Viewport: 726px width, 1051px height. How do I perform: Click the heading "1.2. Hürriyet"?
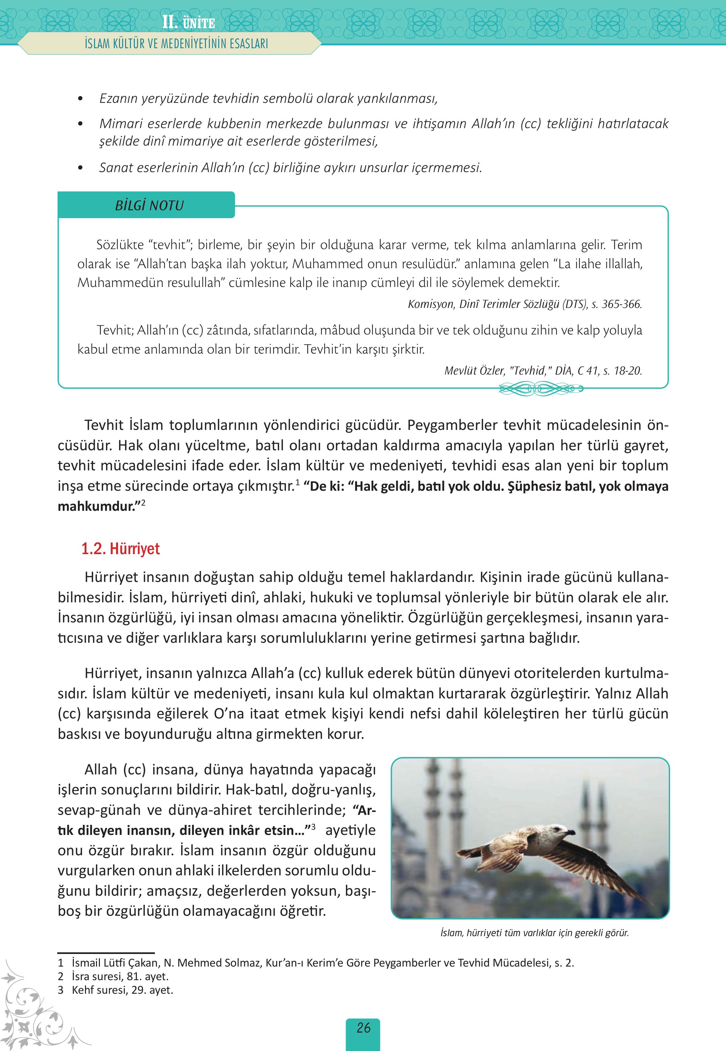point(121,549)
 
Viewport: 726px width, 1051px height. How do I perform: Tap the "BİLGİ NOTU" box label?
point(149,206)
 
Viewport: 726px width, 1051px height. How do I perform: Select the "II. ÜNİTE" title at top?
point(188,23)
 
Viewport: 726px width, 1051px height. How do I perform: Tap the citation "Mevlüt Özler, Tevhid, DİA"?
point(543,371)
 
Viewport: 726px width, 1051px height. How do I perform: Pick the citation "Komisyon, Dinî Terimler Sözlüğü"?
point(525,304)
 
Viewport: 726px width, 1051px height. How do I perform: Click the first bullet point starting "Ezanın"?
point(268,98)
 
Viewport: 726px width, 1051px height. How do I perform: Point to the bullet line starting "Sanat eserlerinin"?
point(290,168)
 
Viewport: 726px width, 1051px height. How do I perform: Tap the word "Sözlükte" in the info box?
point(120,245)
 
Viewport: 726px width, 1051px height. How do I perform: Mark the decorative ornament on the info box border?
point(540,389)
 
